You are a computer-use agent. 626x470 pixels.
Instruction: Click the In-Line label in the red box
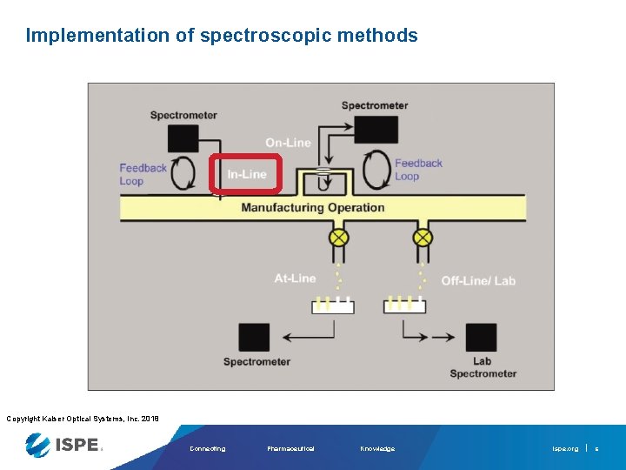point(247,174)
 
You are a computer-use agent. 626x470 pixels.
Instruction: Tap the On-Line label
point(288,143)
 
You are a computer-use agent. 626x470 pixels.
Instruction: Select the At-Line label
point(295,279)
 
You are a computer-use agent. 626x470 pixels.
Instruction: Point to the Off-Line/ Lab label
point(478,280)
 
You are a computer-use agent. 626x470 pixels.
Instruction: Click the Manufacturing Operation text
point(313,207)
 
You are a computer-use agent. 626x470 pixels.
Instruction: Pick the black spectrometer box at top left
point(183,138)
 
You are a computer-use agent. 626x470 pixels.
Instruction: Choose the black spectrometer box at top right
point(376,130)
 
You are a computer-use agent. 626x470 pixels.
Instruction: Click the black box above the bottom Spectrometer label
point(254,337)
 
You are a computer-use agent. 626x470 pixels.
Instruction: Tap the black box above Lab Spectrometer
point(482,337)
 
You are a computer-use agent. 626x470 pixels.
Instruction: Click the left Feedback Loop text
point(143,174)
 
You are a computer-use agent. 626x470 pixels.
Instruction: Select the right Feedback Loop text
point(418,169)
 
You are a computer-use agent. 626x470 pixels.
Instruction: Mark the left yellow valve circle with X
point(338,238)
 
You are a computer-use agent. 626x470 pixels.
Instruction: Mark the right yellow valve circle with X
point(423,238)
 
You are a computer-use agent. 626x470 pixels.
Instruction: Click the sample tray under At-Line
point(333,306)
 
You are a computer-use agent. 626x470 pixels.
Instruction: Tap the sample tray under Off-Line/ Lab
point(404,306)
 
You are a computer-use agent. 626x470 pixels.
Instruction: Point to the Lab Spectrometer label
point(483,367)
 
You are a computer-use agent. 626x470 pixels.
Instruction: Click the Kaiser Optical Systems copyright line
point(83,419)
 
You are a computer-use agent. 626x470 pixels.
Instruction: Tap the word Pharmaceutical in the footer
point(290,449)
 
